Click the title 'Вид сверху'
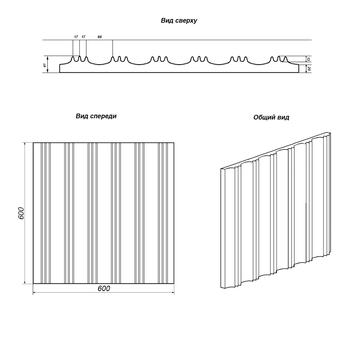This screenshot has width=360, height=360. tap(179, 21)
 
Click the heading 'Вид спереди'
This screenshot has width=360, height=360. tap(96, 116)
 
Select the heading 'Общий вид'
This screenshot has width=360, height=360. tap(271, 117)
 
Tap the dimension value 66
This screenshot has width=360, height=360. tap(100, 37)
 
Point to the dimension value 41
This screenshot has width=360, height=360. tap(45, 65)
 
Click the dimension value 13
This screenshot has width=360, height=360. tap(308, 59)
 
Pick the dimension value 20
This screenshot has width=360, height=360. tap(309, 69)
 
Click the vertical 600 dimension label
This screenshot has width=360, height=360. tap(21, 213)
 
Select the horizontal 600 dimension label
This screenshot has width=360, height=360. tap(104, 288)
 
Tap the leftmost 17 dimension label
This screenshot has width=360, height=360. tap(76, 37)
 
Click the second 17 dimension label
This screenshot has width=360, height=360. tap(83, 37)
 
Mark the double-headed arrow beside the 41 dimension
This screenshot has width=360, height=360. tap(48, 64)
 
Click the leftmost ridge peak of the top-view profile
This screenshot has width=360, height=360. tap(73, 57)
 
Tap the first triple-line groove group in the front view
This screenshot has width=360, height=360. tap(46, 213)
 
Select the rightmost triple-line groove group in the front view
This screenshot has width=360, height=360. tap(163, 213)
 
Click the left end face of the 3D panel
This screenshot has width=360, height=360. tap(223, 228)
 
